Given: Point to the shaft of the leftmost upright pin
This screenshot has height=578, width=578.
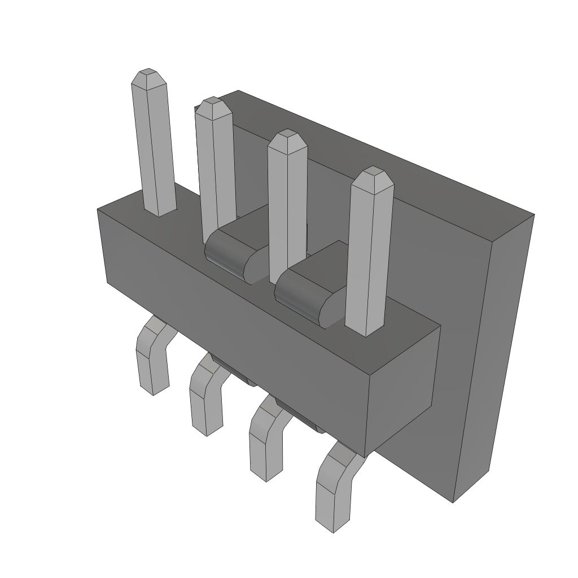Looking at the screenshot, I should [x=154, y=147].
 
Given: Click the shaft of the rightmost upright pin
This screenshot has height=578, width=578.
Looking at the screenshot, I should [x=369, y=254].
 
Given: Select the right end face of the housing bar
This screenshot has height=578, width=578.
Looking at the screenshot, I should [x=404, y=389].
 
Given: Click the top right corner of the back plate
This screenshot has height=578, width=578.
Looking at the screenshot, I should [x=533, y=215].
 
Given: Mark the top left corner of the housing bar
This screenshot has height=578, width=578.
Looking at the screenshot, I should [x=98, y=209].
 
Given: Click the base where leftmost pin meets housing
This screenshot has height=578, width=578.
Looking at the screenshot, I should [x=160, y=213].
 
